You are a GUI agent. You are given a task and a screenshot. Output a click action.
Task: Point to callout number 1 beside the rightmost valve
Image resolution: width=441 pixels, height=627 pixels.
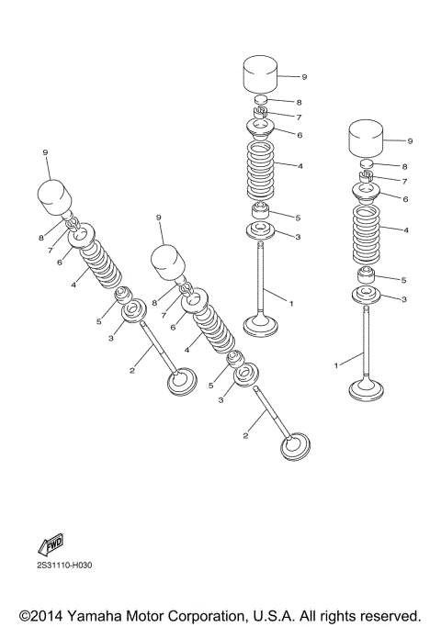(335, 364)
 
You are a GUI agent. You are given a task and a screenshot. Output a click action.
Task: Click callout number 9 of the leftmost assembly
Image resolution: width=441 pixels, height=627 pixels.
(44, 151)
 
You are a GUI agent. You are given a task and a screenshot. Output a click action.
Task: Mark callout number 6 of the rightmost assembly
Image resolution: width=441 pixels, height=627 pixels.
(405, 197)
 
